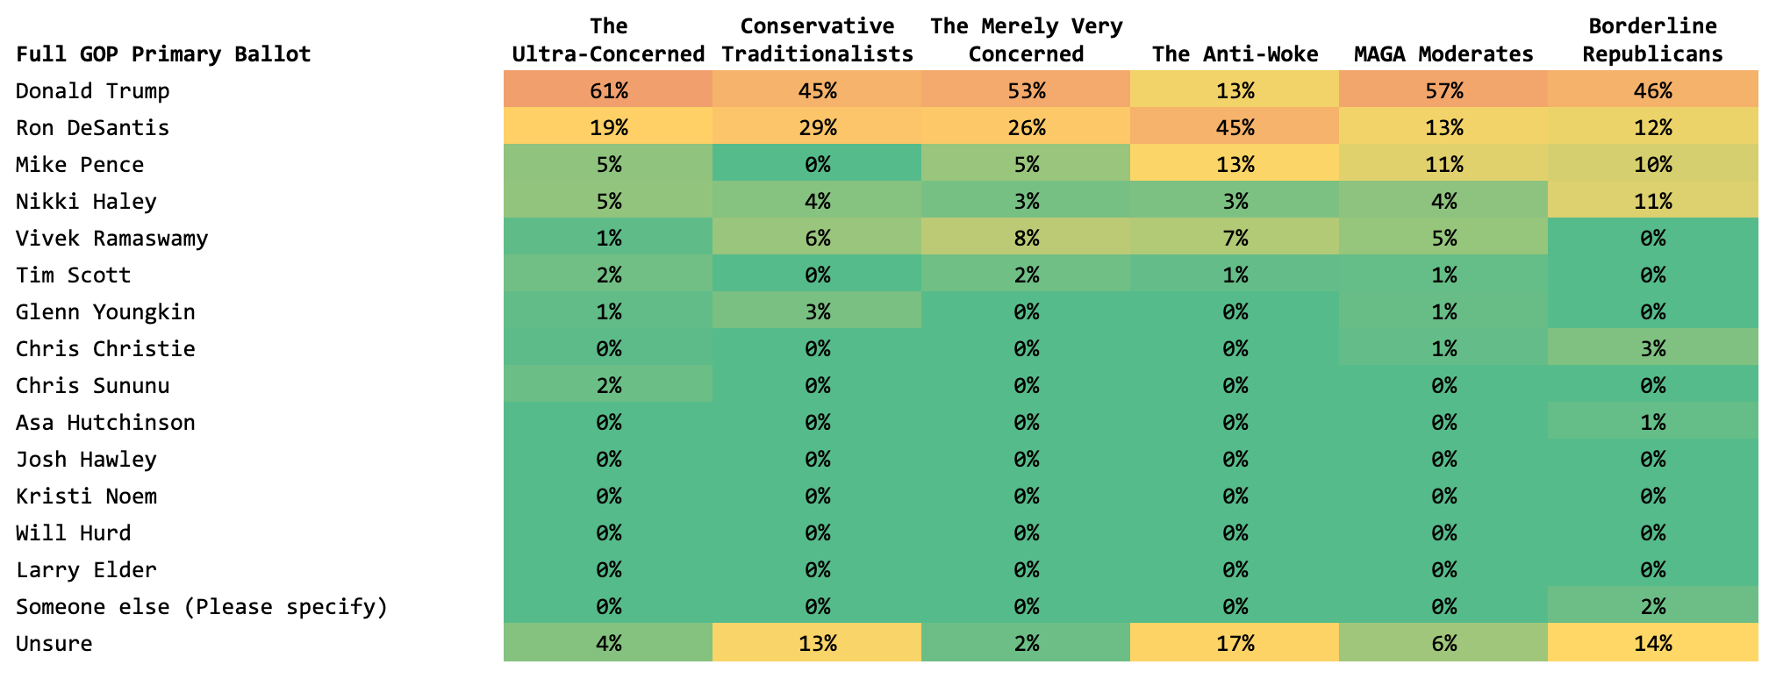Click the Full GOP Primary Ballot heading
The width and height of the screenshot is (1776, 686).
point(163,54)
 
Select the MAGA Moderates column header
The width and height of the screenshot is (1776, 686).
point(1443,54)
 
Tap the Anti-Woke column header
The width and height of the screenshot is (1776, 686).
point(1235,54)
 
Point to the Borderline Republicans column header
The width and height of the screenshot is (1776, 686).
point(1652,40)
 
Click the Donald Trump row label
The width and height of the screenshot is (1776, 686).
point(93,91)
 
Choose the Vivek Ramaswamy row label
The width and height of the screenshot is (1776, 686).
point(112,239)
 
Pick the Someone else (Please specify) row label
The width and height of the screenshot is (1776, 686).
point(202,607)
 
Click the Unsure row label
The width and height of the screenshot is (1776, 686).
point(54,644)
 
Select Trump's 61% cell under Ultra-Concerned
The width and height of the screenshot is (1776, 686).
point(608,91)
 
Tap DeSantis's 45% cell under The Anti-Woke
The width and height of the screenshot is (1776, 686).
point(1235,128)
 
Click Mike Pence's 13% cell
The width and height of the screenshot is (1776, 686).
point(1235,165)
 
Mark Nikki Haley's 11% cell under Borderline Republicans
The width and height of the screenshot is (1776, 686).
point(1652,202)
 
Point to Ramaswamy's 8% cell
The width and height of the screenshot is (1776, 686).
point(1026,239)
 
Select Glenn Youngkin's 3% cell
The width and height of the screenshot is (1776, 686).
point(817,312)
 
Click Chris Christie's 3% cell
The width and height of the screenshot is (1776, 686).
point(1652,349)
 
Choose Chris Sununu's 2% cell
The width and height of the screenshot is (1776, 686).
point(608,386)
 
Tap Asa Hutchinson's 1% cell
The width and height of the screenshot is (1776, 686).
point(1652,423)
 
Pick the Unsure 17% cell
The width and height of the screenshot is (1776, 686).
point(1235,644)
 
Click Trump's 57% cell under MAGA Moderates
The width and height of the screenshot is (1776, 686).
point(1443,91)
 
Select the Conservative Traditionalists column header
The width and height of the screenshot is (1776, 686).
point(817,40)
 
